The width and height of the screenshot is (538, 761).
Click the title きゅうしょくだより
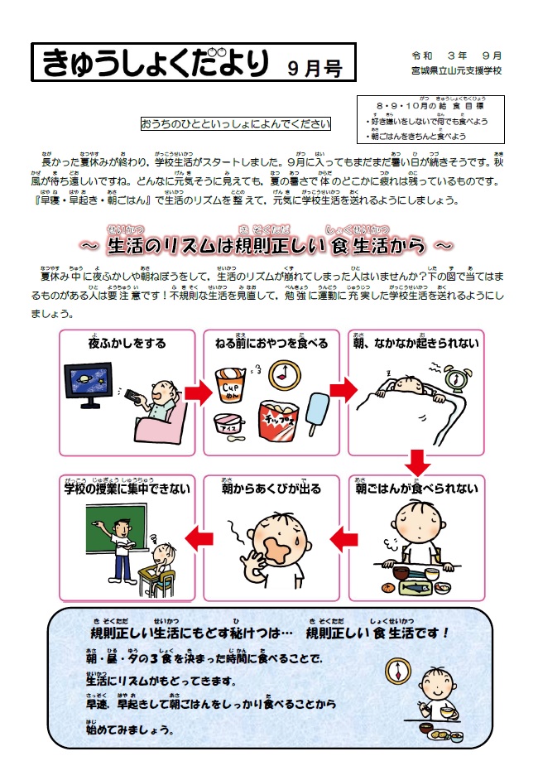154,63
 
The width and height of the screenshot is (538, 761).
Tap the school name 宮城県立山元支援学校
456,71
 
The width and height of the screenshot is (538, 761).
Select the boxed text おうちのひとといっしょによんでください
235,125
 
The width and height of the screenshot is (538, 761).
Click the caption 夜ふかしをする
127,344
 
